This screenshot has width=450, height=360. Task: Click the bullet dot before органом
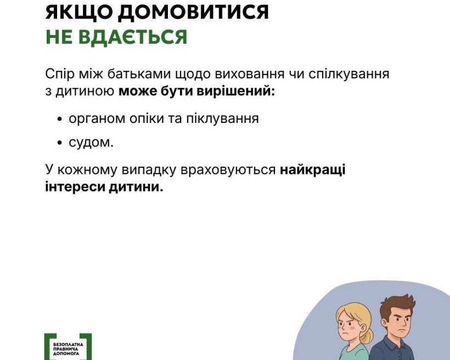point(60,119)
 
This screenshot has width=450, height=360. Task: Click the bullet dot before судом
point(60,144)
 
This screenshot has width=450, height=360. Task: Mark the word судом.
point(91,143)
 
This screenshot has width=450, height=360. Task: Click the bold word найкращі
point(313,170)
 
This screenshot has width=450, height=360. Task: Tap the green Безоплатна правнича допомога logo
point(68,346)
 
